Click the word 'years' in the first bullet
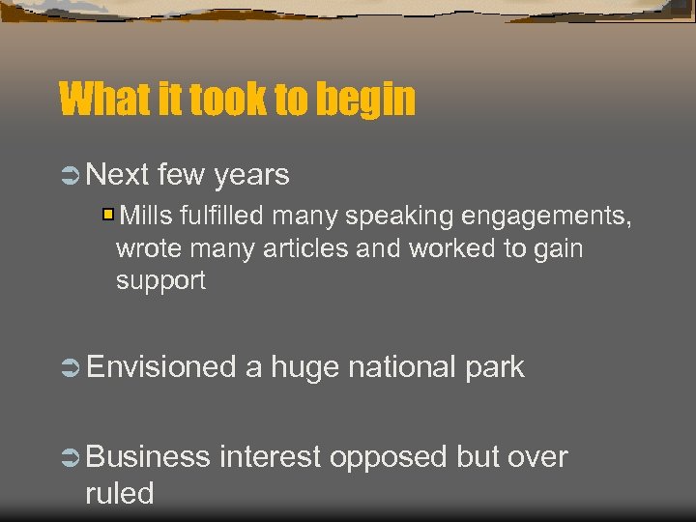251,175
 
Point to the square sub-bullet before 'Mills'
109,214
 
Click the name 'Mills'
148,216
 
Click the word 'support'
160,281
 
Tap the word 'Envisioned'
161,367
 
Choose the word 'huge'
304,367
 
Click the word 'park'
493,367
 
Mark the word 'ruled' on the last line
120,493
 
